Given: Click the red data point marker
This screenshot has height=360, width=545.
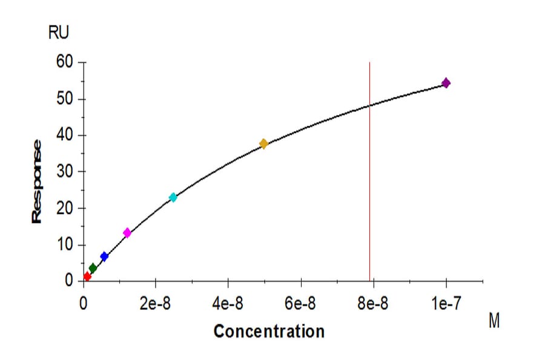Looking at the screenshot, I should click(87, 276).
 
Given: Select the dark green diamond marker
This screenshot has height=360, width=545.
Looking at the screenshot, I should click(93, 268).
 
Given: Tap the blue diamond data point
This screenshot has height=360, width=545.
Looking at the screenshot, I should click(104, 257).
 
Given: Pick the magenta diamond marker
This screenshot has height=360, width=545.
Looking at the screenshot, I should click(127, 233).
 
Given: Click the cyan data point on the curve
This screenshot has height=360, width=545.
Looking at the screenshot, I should click(173, 198).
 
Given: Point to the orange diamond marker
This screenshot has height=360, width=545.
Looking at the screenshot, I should click(263, 144).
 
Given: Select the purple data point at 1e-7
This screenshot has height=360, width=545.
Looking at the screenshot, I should click(446, 83).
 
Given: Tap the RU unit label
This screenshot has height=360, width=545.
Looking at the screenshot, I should click(59, 34).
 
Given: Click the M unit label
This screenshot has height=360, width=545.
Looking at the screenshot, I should click(494, 322).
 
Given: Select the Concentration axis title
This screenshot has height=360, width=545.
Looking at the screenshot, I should click(269, 332).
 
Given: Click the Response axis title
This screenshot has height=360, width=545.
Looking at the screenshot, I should click(38, 181).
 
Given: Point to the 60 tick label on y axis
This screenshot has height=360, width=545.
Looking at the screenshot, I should click(64, 62).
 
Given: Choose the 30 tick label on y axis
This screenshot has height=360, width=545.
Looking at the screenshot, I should click(64, 172).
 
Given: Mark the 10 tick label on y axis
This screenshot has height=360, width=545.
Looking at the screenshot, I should click(64, 245).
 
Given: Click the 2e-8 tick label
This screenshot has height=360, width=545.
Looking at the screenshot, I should click(156, 304).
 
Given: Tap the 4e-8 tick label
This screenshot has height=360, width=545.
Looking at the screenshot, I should click(228, 304).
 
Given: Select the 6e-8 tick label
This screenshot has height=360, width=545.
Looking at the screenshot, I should click(301, 304).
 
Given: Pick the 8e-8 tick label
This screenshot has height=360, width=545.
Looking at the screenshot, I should click(374, 304).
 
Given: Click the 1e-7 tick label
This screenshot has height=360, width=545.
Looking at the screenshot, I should click(446, 304).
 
